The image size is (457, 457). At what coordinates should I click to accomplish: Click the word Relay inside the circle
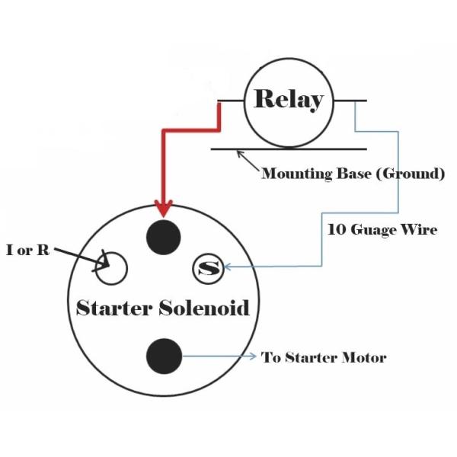(x=288, y=100)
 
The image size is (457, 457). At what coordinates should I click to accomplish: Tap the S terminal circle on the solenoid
(x=208, y=268)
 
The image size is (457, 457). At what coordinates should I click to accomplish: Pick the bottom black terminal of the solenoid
(x=164, y=356)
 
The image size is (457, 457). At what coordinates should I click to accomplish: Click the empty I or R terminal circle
(x=110, y=268)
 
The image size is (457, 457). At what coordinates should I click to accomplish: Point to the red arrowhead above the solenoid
(x=163, y=206)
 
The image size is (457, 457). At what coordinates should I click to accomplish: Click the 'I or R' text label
(x=27, y=250)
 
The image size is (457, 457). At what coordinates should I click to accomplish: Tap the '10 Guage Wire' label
(x=382, y=228)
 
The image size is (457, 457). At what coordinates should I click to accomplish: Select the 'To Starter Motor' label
(x=324, y=357)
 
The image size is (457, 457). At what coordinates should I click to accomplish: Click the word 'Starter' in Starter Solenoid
(x=115, y=308)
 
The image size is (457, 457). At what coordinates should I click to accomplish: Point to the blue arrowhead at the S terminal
(x=227, y=267)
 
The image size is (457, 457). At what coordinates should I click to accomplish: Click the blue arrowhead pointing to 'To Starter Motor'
(x=254, y=356)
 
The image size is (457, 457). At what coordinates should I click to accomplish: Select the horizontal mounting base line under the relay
(x=289, y=149)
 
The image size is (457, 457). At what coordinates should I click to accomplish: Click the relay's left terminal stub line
(x=230, y=101)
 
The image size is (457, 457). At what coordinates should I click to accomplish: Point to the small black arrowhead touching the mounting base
(x=241, y=154)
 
